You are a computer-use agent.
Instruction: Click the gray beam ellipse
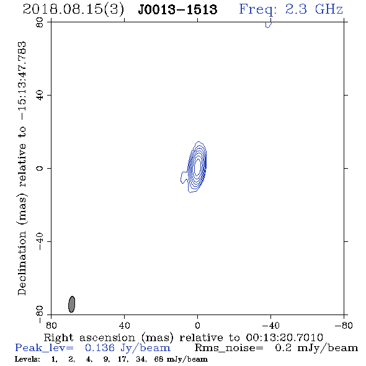point(72,304)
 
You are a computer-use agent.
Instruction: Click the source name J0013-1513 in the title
point(177,9)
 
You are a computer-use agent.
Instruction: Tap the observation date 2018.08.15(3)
point(73,10)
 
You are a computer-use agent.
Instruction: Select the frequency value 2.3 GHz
point(314,9)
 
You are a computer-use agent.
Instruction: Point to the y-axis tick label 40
point(40,96)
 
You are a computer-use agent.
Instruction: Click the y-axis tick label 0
point(40,168)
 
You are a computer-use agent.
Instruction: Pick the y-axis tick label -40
point(40,241)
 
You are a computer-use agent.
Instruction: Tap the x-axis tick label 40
point(124,326)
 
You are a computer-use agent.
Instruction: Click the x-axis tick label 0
point(197,326)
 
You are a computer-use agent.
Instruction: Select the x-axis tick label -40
point(270,326)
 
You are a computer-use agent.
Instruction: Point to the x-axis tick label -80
point(344,326)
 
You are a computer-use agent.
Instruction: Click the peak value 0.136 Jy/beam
point(127,348)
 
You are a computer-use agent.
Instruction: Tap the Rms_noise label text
point(229,348)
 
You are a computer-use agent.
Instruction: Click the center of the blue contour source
point(197,167)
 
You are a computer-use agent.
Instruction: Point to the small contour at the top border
point(269,25)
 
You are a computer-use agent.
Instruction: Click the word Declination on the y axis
point(22,264)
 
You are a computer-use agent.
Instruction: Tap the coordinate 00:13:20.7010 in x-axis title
point(284,337)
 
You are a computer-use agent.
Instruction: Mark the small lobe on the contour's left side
point(184,177)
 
